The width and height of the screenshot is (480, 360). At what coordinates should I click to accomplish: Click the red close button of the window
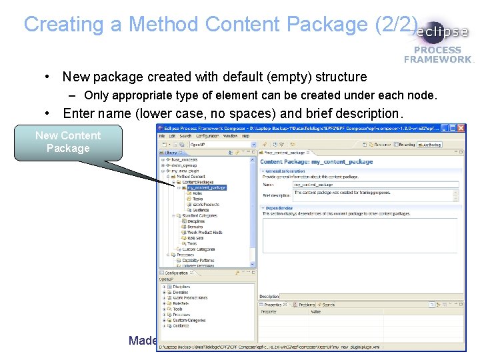click(x=460, y=128)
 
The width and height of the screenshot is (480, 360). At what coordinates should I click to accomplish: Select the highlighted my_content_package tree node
click(x=206, y=188)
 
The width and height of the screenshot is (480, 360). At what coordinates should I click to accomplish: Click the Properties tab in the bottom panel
click(x=273, y=305)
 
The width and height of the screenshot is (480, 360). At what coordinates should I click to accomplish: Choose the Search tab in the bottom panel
click(x=329, y=305)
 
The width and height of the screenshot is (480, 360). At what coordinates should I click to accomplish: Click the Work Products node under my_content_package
click(x=206, y=205)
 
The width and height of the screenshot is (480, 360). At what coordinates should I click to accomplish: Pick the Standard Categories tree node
click(x=199, y=216)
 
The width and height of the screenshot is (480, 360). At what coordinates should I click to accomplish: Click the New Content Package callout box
click(x=68, y=142)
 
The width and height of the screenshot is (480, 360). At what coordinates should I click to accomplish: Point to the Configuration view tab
click(x=177, y=273)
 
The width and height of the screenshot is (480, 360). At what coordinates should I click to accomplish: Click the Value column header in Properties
click(x=315, y=312)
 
